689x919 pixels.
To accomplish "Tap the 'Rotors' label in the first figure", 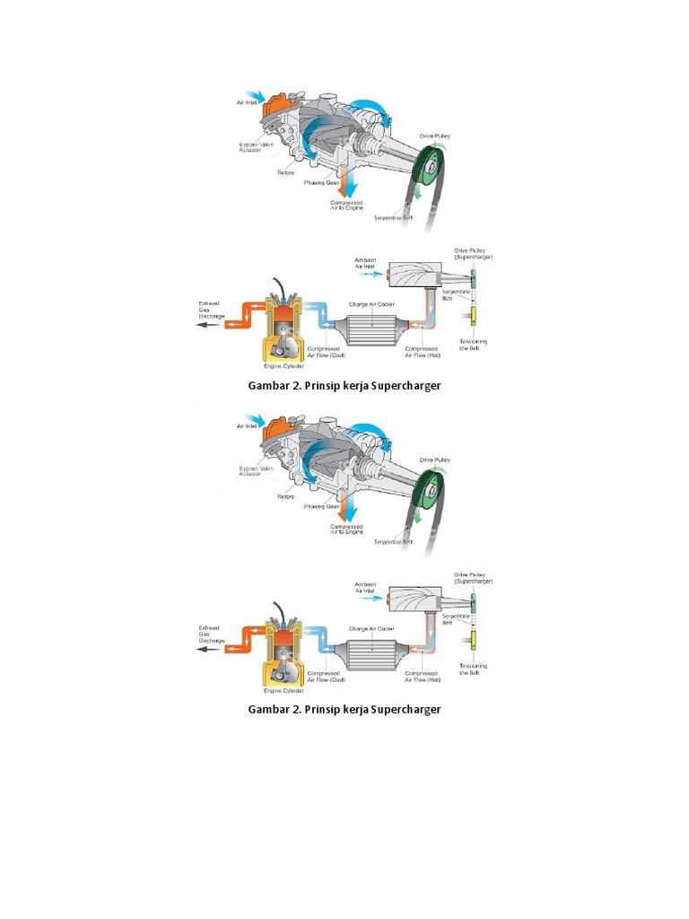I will pyautogui.click(x=285, y=172).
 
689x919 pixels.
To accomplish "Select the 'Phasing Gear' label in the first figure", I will pyautogui.click(x=320, y=182).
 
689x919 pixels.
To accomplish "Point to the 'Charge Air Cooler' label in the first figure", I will pyautogui.click(x=371, y=304).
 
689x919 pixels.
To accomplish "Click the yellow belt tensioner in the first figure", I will pyautogui.click(x=473, y=317).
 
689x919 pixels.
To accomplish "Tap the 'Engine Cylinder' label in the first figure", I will pyautogui.click(x=283, y=367).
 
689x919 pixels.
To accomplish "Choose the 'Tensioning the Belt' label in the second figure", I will pyautogui.click(x=473, y=669).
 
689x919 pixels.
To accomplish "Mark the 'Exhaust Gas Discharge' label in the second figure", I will pyautogui.click(x=212, y=634).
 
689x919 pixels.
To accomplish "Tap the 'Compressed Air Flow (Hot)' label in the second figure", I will pyautogui.click(x=422, y=677).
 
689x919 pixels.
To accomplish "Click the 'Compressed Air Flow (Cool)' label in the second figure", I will pyautogui.click(x=326, y=677).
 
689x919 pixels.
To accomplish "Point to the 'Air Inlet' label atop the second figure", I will pyautogui.click(x=248, y=426).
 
